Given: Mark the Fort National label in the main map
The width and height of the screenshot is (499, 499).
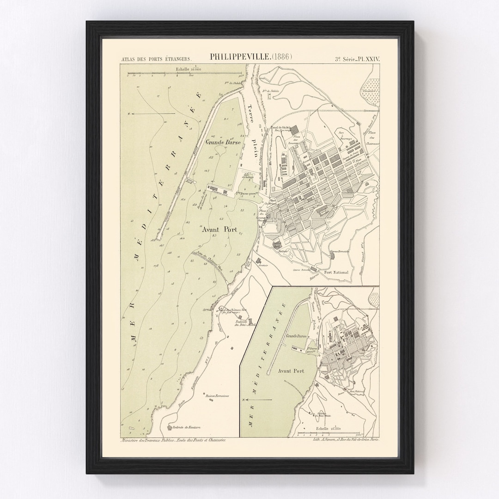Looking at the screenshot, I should (x=336, y=273).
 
